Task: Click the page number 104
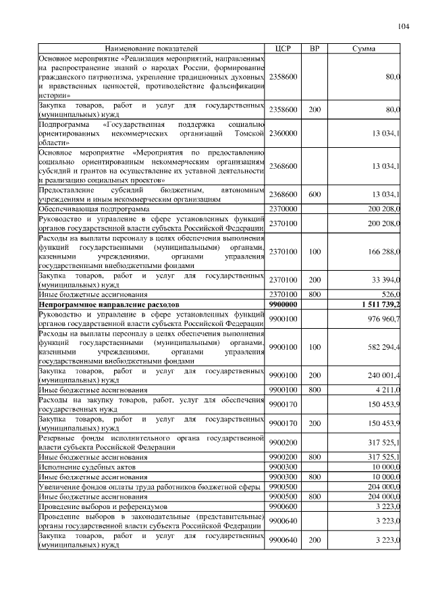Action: pyautogui.click(x=404, y=26)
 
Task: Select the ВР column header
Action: pyautogui.click(x=314, y=49)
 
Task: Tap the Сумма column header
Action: pyautogui.click(x=364, y=49)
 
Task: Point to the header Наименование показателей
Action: pyautogui.click(x=152, y=49)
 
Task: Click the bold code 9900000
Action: pyautogui.click(x=283, y=305)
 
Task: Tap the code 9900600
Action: pyautogui.click(x=283, y=505)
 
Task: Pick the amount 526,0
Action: pyautogui.click(x=391, y=294)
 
